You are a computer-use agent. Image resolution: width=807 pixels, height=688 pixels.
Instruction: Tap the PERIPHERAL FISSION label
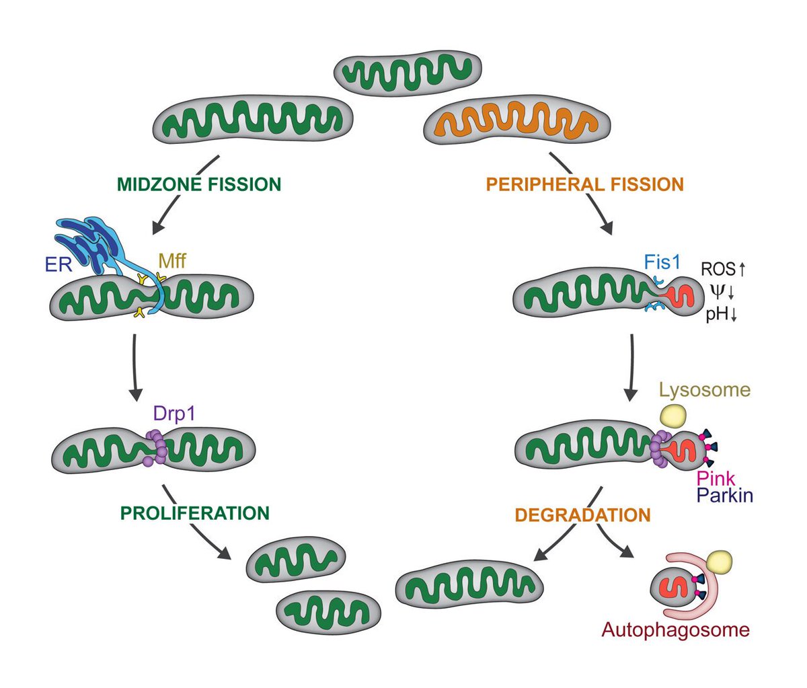pos(584,184)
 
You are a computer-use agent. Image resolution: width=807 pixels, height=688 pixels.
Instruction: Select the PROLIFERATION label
pos(195,513)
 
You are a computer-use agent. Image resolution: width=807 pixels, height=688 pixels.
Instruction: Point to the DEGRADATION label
pos(582,516)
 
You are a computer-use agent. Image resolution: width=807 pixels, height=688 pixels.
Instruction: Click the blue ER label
pos(59,264)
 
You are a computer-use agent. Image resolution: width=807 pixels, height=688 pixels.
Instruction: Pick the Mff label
pos(172,260)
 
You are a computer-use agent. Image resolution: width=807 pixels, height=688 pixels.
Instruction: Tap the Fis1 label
pos(662,261)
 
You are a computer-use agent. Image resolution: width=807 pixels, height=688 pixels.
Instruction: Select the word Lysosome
pos(704,389)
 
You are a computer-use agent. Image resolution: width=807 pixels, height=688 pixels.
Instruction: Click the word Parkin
pos(725,496)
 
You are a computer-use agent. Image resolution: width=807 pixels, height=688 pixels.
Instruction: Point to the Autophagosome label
pos(675,630)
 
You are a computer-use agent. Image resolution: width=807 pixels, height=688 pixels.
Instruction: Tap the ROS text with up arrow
pos(724,270)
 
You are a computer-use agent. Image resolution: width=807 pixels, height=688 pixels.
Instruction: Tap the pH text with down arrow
pos(722,314)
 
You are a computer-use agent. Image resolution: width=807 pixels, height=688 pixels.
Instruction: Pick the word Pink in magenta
pos(716,479)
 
